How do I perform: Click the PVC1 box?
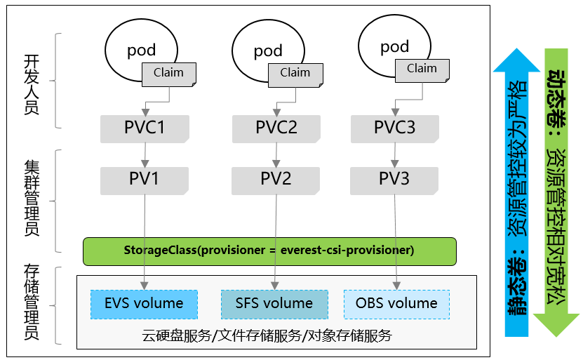coord(145,128)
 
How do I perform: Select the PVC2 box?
coord(276,128)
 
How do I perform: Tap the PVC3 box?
coord(394,128)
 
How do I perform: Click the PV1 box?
coord(145,179)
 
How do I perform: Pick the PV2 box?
coord(276,179)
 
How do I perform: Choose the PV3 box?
coord(394,179)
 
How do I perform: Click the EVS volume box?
coord(144,304)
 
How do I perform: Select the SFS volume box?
coord(274,304)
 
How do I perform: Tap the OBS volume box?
coord(396,304)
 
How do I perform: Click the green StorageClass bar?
coord(269,251)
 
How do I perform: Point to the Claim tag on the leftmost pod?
coord(168,73)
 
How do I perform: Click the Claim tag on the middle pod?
coord(295,73)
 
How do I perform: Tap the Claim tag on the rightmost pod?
coord(422,69)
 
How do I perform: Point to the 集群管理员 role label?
coord(31,198)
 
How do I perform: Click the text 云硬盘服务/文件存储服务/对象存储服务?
coord(267,335)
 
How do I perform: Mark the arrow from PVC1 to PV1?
coord(145,154)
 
